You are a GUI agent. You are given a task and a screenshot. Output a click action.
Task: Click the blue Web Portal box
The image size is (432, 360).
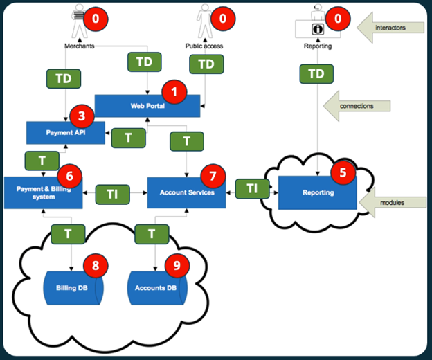[142, 105]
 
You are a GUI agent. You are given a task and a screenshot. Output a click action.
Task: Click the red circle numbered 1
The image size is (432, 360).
[174, 91]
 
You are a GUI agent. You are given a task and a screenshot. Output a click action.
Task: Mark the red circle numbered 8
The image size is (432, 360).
[96, 266]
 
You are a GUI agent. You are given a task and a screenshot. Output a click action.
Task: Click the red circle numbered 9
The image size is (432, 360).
[179, 266]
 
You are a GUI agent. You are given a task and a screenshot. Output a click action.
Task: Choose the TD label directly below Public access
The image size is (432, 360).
[206, 64]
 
